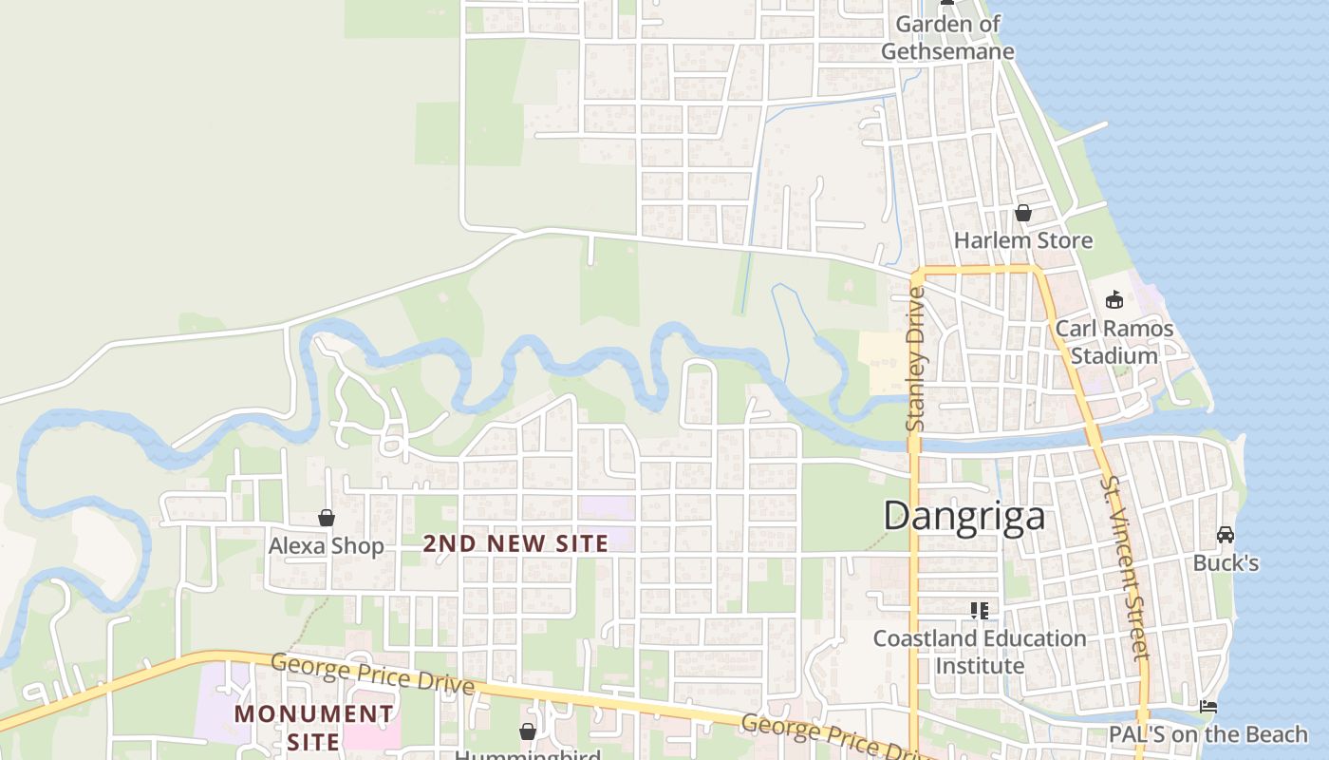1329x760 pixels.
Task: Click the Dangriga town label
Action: (964, 516)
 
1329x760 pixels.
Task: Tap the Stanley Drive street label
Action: (916, 359)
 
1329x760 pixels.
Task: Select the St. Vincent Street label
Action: (1125, 568)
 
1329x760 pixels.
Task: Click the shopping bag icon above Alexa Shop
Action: (327, 518)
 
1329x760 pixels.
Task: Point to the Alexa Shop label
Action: (327, 546)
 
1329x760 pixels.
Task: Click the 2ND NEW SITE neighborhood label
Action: (515, 543)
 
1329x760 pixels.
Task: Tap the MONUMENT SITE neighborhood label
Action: (314, 727)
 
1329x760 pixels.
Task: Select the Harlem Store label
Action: (1023, 240)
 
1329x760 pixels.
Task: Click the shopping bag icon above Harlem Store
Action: (1023, 213)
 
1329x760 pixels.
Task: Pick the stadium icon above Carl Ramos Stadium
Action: (1114, 300)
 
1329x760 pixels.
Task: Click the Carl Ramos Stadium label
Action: (1114, 342)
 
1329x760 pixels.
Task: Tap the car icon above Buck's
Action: (1226, 535)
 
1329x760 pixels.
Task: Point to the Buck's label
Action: (1226, 563)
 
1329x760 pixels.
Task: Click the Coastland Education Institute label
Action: (980, 652)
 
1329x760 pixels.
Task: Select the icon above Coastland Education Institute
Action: (980, 610)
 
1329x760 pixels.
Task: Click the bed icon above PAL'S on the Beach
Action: (1208, 707)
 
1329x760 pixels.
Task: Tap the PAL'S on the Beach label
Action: (1208, 734)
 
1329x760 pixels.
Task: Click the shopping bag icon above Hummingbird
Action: (528, 731)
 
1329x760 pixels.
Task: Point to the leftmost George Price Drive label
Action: (372, 673)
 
